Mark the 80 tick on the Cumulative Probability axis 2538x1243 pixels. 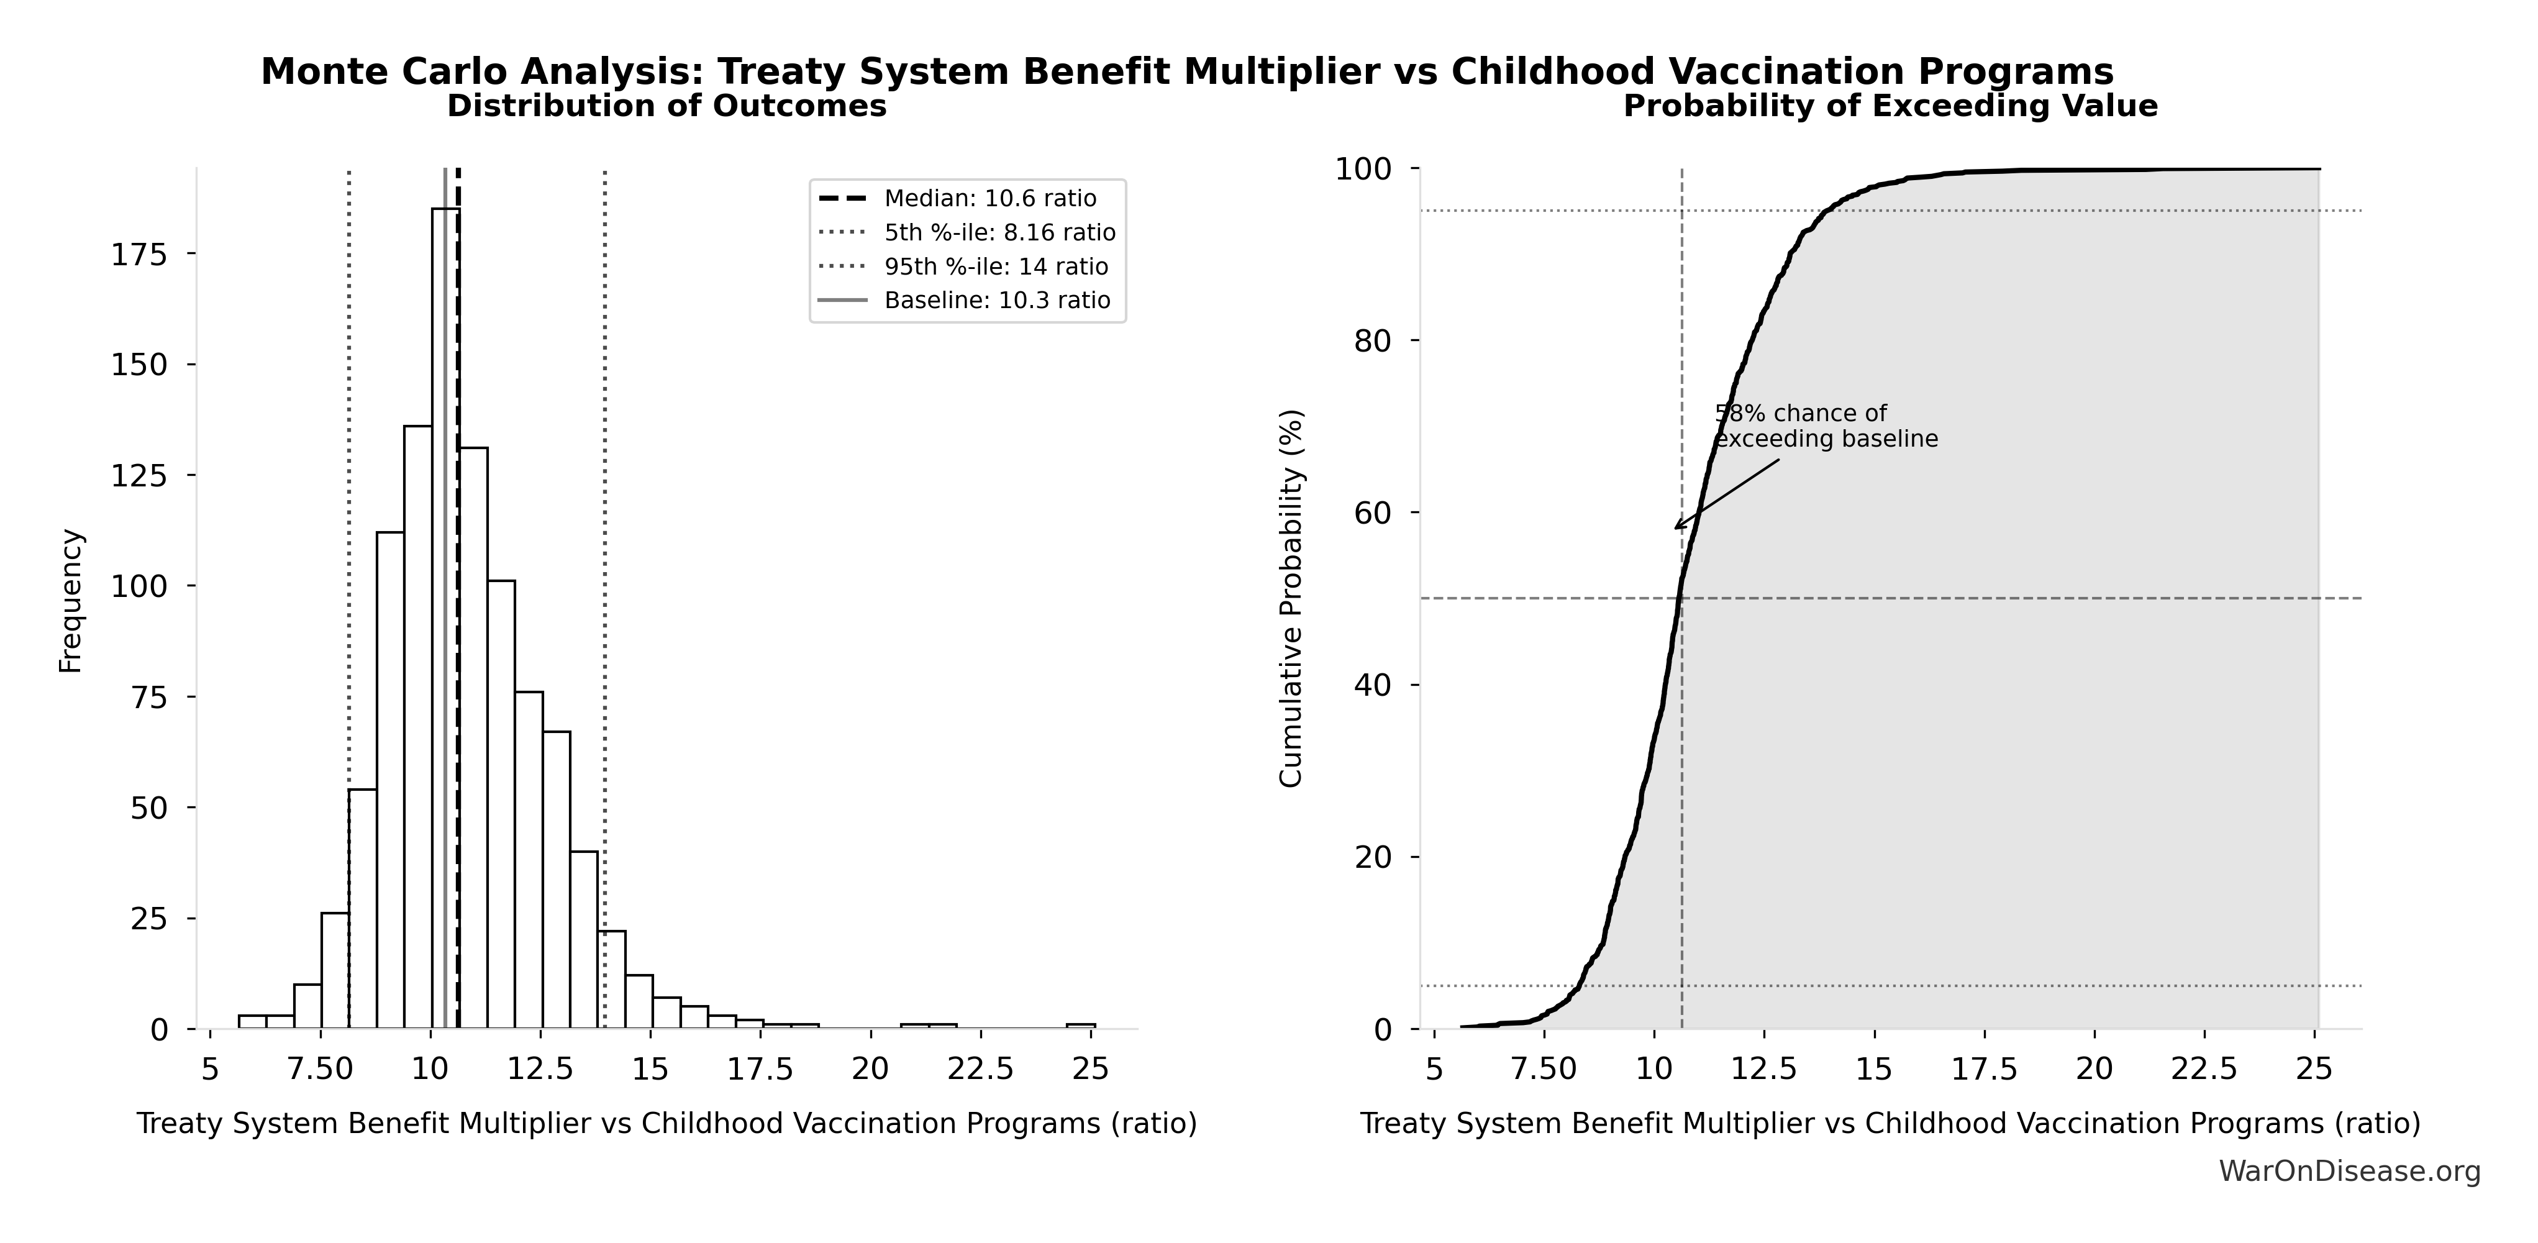tap(1373, 341)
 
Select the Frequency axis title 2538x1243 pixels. tap(71, 601)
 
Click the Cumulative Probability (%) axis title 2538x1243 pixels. tap(1291, 599)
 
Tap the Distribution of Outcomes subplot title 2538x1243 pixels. tap(667, 106)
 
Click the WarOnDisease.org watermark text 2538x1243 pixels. tap(2349, 1171)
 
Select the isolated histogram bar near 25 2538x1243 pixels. tap(1081, 1026)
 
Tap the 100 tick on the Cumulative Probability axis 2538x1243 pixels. tap(1363, 170)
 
